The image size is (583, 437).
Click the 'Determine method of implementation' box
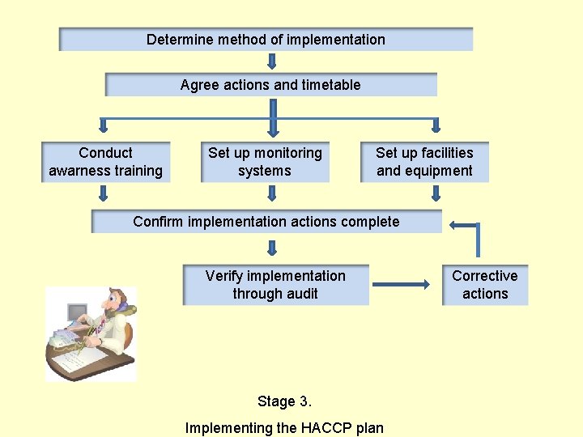tap(266, 40)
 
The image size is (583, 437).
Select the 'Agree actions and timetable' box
tap(270, 85)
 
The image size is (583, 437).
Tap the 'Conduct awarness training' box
tap(106, 162)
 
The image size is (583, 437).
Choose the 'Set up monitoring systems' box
tap(265, 162)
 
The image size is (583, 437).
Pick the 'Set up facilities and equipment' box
tap(424, 162)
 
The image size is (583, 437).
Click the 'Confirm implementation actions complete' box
tap(266, 222)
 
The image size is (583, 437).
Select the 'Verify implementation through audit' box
tap(275, 285)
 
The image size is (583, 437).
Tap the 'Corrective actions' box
tap(485, 285)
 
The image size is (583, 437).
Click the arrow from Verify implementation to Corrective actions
tap(400, 284)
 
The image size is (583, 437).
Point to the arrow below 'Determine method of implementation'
tap(272, 62)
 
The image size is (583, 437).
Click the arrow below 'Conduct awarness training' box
tap(103, 193)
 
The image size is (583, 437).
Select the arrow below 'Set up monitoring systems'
tap(272, 193)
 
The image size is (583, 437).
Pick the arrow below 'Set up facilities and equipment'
tap(436, 193)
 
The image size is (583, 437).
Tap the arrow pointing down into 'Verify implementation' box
tap(272, 247)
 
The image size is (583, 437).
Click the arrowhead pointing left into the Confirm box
tap(456, 225)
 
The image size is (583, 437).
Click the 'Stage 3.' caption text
tap(284, 401)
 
